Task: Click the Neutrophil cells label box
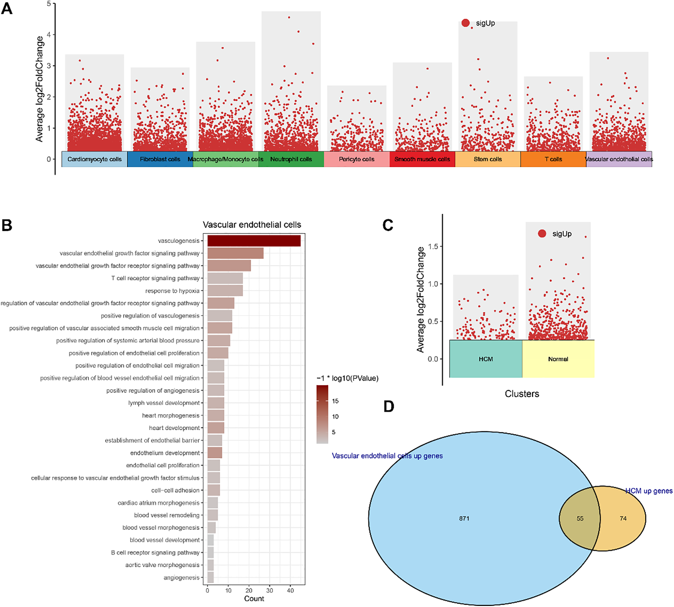(x=291, y=159)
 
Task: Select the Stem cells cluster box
(x=488, y=159)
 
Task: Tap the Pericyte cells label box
(x=356, y=159)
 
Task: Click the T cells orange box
(x=553, y=159)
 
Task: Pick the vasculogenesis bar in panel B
(x=254, y=241)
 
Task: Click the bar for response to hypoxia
(x=225, y=291)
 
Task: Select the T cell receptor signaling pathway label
(x=155, y=278)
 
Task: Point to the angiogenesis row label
(x=181, y=578)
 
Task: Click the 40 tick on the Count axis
(x=290, y=590)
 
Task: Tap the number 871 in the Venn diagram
(x=464, y=519)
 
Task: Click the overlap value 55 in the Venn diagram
(x=580, y=519)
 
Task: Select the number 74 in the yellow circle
(x=623, y=519)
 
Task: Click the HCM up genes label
(x=649, y=491)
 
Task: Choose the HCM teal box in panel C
(x=485, y=359)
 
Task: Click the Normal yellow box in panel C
(x=558, y=359)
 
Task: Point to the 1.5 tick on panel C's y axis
(x=433, y=247)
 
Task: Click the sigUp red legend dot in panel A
(x=466, y=23)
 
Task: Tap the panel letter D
(x=388, y=407)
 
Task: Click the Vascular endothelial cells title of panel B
(x=252, y=225)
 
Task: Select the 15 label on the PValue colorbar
(x=335, y=401)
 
